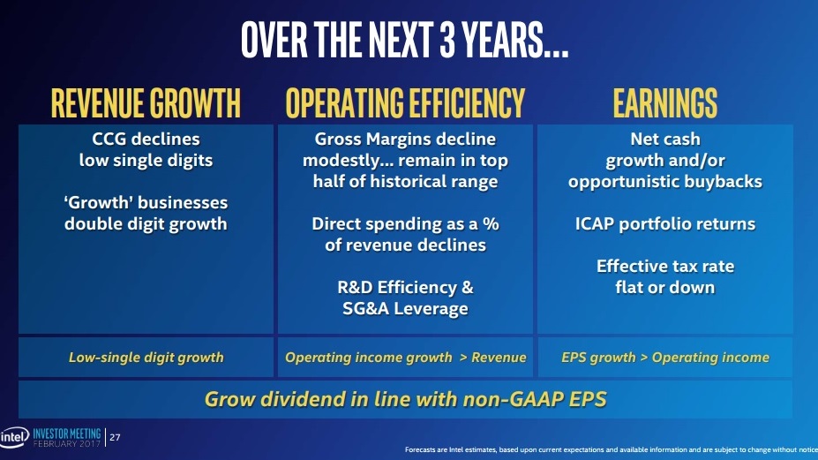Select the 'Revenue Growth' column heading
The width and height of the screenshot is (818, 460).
click(146, 103)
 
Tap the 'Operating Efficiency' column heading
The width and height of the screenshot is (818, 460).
click(405, 103)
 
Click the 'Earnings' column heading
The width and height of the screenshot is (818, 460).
click(664, 103)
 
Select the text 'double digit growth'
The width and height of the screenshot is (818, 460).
click(146, 223)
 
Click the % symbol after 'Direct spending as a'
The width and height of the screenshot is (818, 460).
click(491, 223)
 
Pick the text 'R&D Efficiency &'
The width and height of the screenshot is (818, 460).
click(405, 287)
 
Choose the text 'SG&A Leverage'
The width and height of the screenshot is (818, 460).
click(405, 308)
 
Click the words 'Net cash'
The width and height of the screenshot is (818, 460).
click(664, 140)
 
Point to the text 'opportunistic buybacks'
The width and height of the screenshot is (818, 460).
click(664, 182)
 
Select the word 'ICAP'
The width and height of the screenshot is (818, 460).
click(597, 223)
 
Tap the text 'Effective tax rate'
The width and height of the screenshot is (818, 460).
click(664, 266)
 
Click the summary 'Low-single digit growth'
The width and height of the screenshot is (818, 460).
click(146, 358)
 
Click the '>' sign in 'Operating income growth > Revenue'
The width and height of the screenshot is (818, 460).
click(462, 358)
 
